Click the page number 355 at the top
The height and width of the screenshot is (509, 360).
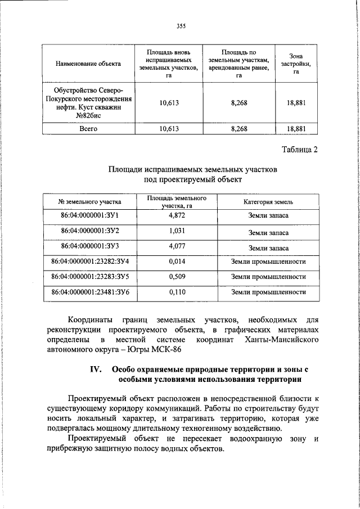tap(181, 25)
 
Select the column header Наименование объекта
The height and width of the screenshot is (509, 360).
tap(87, 64)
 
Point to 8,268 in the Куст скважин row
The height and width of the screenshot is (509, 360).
tap(238, 103)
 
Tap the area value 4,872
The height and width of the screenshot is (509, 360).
tap(177, 216)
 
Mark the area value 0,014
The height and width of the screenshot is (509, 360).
tap(177, 262)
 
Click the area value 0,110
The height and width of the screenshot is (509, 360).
tap(177, 292)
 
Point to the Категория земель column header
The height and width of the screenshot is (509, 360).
tap(268, 201)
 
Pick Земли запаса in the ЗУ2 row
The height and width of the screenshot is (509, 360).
tap(268, 232)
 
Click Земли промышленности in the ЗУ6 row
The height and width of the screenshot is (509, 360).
tap(268, 292)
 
